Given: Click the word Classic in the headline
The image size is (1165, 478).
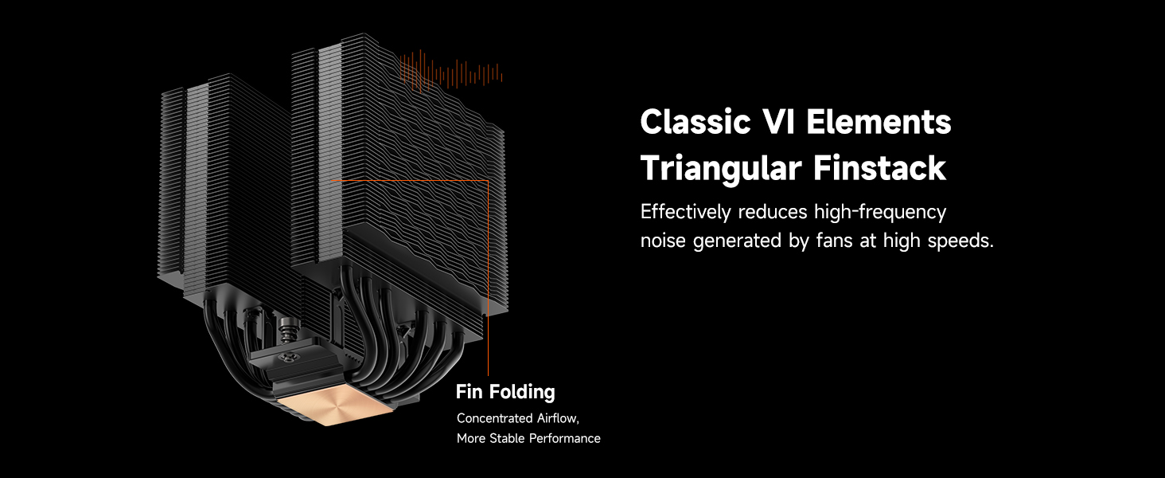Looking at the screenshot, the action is tap(695, 122).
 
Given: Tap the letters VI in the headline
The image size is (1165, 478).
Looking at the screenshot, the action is tap(778, 122).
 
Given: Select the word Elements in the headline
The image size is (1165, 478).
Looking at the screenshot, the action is tap(879, 122).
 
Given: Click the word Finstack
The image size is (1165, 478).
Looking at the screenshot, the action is tap(879, 167).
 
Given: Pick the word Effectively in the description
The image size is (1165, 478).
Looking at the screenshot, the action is tap(685, 213).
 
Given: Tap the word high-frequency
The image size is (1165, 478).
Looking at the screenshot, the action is tap(880, 213).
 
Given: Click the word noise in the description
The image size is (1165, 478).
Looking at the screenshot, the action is tap(663, 241).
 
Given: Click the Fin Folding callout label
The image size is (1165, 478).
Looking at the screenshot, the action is tap(505, 392).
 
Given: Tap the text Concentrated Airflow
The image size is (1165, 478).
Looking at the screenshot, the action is tap(518, 418).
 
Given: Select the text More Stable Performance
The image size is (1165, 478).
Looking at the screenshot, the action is tap(528, 438).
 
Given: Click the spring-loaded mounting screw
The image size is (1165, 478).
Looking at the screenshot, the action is tap(285, 331).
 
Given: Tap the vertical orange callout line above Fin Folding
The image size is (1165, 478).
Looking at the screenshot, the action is tap(488, 277).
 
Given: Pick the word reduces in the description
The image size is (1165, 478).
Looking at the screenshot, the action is tap(773, 213).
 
